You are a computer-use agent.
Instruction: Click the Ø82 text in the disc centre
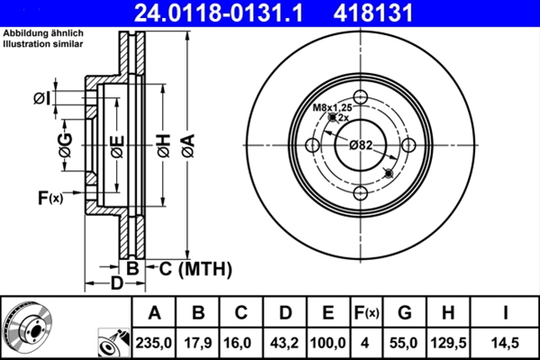point(362,145)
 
